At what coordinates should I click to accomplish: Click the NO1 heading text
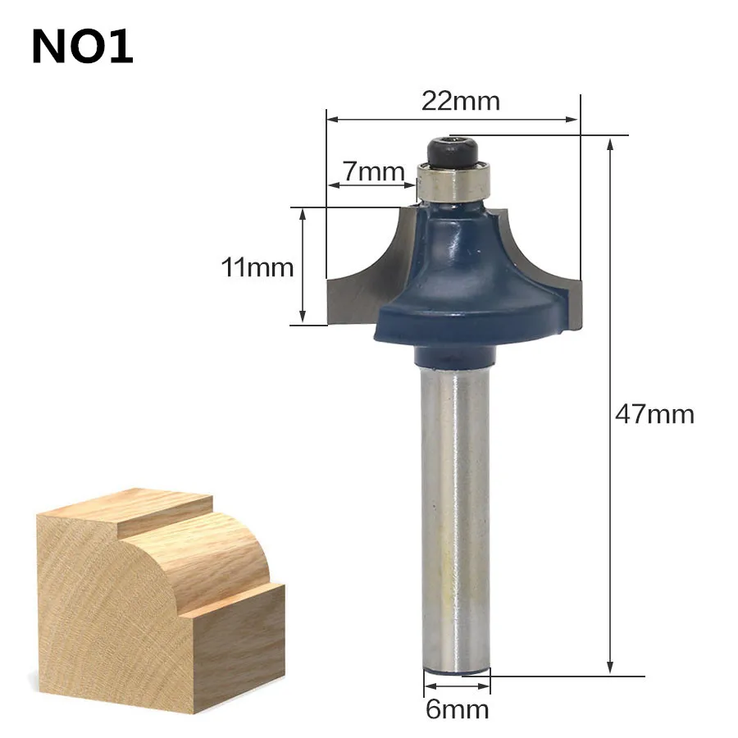[82, 48]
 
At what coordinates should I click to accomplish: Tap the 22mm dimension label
[460, 101]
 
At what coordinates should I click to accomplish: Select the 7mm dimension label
[374, 171]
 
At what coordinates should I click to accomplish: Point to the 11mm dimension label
[257, 266]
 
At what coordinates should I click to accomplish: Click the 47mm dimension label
[654, 413]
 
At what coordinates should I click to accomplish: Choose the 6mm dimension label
[456, 708]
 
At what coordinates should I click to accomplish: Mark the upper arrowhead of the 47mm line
[610, 143]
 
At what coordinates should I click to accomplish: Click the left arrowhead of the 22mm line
[331, 120]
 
